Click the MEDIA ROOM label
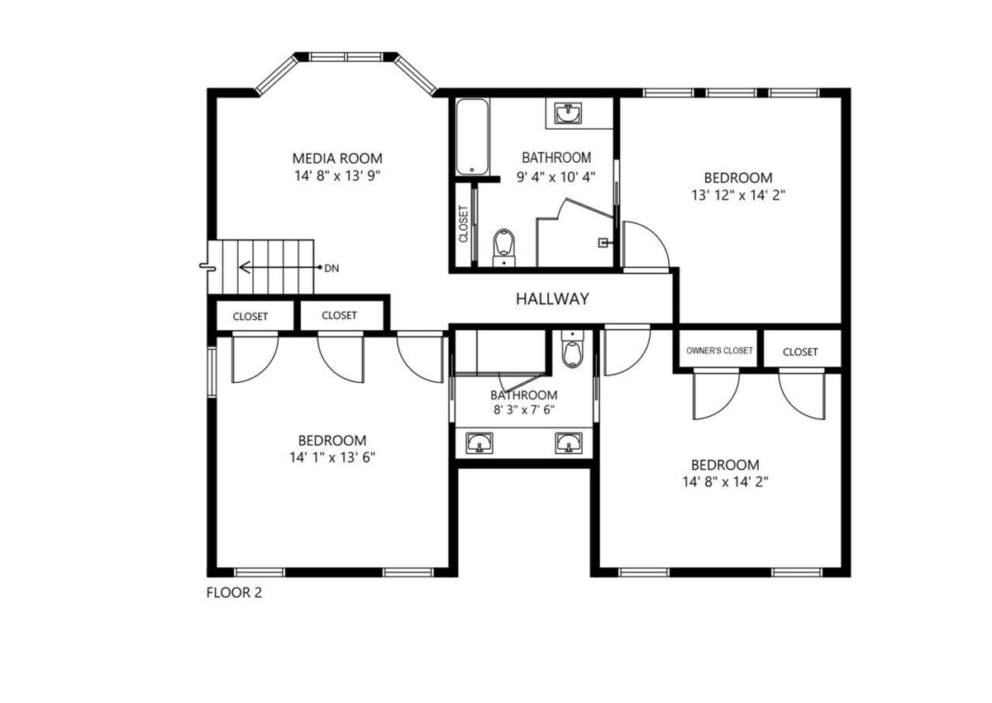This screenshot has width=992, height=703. point(337,158)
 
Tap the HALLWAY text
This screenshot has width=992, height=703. point(552,299)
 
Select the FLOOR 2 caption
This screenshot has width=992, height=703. point(234,592)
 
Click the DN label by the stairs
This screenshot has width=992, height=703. point(331,269)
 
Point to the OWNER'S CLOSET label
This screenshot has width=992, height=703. point(719,351)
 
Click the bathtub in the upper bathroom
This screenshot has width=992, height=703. point(473,137)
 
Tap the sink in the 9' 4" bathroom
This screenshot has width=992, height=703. point(569,113)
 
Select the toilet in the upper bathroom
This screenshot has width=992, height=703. point(504,248)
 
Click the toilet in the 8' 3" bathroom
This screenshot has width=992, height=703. point(572,349)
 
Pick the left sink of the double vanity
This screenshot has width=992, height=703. point(479,443)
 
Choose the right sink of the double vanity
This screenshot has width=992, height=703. point(569,443)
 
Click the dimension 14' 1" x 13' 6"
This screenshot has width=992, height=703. point(332,457)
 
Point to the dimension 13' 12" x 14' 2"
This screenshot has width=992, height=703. point(738,195)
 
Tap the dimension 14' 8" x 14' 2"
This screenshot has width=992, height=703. point(726,481)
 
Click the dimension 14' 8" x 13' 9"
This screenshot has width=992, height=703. point(337,176)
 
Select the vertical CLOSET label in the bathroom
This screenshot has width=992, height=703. point(463,223)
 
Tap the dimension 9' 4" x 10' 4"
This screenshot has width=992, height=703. point(556,177)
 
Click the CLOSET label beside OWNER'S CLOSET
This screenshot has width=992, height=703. point(800,351)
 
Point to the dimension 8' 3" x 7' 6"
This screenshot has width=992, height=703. point(524,409)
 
